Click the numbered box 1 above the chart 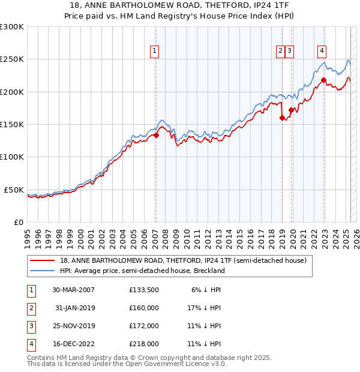[x=155, y=51]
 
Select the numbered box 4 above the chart [x=322, y=51]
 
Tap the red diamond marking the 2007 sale [x=156, y=135]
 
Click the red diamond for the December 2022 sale [x=323, y=80]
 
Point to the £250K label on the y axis [x=13, y=59]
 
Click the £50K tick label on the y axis [x=14, y=190]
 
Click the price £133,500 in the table [x=144, y=289]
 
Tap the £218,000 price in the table [x=144, y=344]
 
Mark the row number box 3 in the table [x=29, y=326]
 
